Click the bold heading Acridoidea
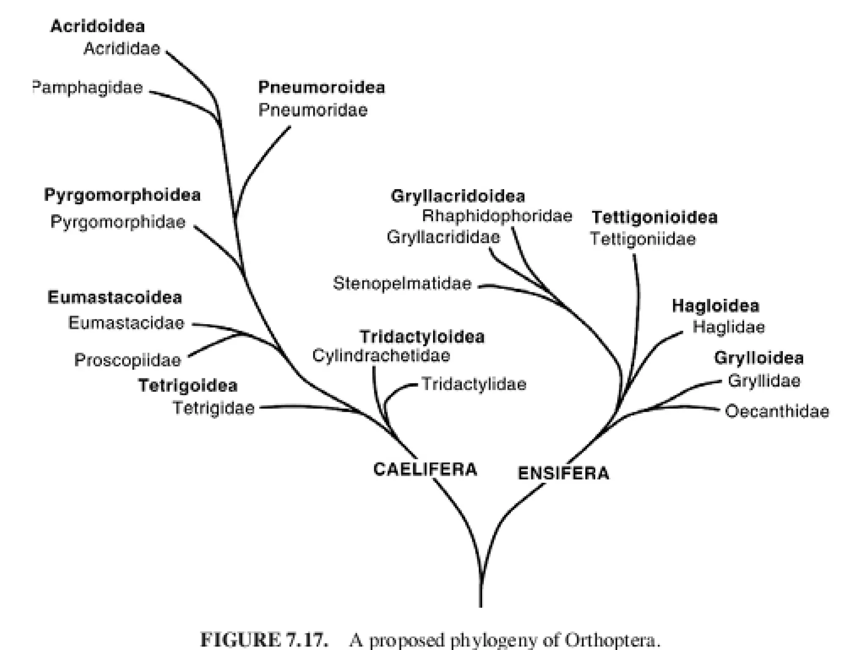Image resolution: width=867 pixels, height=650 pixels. point(97,26)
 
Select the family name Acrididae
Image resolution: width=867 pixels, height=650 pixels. point(122,48)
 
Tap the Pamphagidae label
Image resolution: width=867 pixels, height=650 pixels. point(88,88)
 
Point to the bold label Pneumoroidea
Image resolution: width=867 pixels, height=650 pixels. point(321,87)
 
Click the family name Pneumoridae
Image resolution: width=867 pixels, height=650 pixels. point(313,110)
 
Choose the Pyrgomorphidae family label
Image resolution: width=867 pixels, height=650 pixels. point(118,222)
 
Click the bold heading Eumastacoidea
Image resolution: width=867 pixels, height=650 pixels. point(115,297)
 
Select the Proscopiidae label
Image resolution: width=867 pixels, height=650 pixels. point(127,360)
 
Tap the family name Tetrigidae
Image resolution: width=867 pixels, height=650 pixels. point(214,408)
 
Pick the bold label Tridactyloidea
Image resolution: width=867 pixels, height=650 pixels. point(422,337)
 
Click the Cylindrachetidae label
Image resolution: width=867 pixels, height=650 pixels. point(381,355)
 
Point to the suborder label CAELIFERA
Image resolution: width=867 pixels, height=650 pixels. point(425,469)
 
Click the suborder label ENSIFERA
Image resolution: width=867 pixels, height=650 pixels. point(563,473)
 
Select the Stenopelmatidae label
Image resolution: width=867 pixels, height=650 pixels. point(402,283)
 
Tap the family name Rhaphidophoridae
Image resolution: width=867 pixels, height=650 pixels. point(497,216)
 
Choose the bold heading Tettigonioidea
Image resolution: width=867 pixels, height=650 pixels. point(654,217)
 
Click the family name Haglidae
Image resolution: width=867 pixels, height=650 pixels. point(729,327)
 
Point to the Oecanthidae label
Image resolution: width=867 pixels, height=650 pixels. point(777,411)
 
